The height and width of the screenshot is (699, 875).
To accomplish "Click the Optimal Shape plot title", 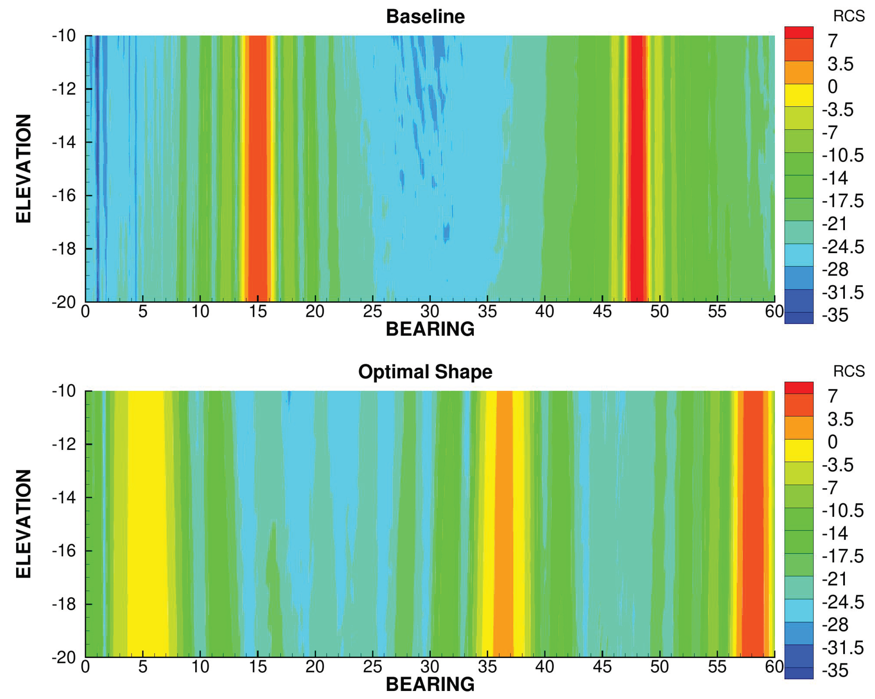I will (425, 372).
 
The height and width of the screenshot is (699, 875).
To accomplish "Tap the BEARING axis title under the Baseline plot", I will (430, 329).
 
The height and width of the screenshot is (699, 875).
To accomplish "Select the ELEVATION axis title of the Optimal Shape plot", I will (23, 524).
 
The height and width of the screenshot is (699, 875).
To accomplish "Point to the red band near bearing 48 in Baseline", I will (636, 168).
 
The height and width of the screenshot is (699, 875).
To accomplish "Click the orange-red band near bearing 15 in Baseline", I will (258, 168).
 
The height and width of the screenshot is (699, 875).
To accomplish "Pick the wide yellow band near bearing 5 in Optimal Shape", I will (147, 523).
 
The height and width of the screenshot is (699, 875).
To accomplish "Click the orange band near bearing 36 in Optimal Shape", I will (504, 523).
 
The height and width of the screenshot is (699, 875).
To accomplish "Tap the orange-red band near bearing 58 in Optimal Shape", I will (753, 523).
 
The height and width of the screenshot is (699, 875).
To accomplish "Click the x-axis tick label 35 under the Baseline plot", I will (487, 312).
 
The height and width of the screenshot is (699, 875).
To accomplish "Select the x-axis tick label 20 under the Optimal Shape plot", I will (315, 666).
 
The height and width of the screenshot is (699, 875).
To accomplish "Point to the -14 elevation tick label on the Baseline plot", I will (64, 142).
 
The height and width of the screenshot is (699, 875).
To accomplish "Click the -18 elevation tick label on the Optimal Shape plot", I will (64, 604).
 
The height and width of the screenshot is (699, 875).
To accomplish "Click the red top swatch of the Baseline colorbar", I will (799, 33).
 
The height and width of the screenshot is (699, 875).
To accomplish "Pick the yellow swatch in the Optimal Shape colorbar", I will (799, 450).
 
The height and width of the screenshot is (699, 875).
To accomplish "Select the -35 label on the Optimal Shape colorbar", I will (835, 671).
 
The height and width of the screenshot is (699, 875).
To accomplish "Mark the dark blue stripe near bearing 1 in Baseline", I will (97, 168).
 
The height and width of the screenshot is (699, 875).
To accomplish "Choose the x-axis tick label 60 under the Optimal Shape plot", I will (774, 666).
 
